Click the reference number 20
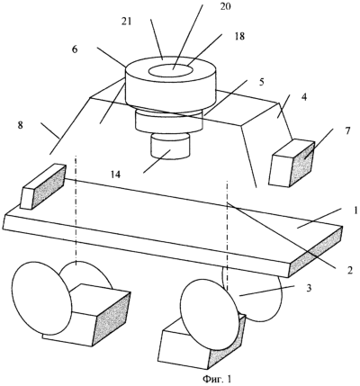(225, 6)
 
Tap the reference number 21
(126, 22)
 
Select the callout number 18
(239, 36)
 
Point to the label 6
(75, 49)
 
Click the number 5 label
(262, 82)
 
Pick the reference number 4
(304, 98)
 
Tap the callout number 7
(347, 131)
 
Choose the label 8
(20, 125)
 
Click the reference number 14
(116, 175)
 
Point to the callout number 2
(349, 270)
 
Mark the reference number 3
(310, 288)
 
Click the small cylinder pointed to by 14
(171, 146)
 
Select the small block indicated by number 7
(292, 163)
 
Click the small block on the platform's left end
(42, 186)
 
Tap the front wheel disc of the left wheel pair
(41, 299)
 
